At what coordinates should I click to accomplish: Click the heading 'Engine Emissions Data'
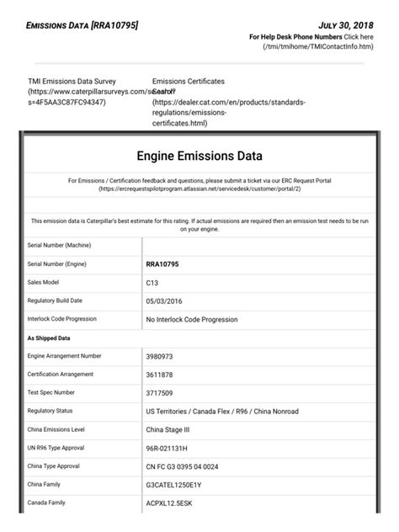(x=199, y=156)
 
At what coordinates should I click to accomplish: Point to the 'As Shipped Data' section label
(x=49, y=338)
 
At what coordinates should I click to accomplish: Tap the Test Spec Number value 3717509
(x=161, y=392)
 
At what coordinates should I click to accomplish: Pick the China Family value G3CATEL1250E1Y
(x=179, y=484)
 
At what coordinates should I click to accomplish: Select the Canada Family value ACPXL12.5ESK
(x=175, y=503)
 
